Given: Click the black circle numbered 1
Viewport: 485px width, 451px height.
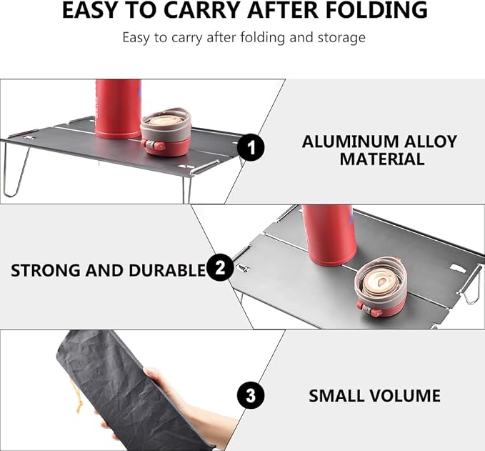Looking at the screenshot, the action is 251,147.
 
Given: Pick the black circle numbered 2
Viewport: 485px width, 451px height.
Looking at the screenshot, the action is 220,268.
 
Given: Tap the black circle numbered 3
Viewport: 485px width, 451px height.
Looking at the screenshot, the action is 251,395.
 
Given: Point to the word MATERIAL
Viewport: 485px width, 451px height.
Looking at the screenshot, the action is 381,159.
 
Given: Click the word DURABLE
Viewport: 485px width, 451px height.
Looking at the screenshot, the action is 167,271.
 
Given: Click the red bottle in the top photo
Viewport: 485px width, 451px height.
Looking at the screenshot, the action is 118,109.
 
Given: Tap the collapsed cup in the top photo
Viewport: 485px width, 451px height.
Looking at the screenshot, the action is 165,132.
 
